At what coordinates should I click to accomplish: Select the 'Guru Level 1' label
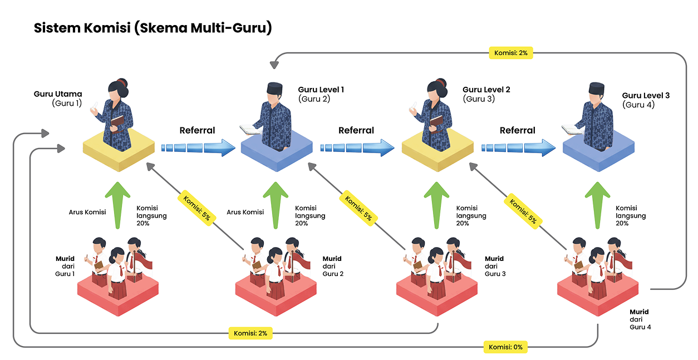pos(321,90)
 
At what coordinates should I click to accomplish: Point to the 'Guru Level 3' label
pos(646,96)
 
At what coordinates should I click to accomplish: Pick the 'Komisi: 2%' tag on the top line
pos(511,53)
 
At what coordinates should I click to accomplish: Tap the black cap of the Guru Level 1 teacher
pos(275,88)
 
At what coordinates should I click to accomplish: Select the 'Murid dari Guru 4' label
pos(640,319)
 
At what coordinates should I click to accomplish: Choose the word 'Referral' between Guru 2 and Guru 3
pos(356,131)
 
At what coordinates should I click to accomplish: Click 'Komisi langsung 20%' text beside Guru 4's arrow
pos(631,215)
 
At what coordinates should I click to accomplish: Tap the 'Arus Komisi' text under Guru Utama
pos(87,212)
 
